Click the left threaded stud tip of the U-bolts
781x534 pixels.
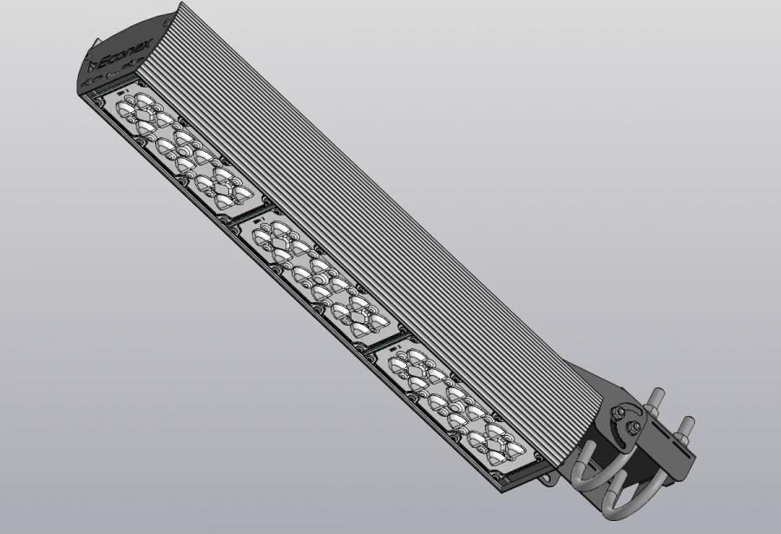(x=652, y=398)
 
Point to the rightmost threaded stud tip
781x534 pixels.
(x=689, y=423)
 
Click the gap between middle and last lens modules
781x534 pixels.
(x=390, y=342)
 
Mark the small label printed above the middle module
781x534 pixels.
(x=259, y=221)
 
